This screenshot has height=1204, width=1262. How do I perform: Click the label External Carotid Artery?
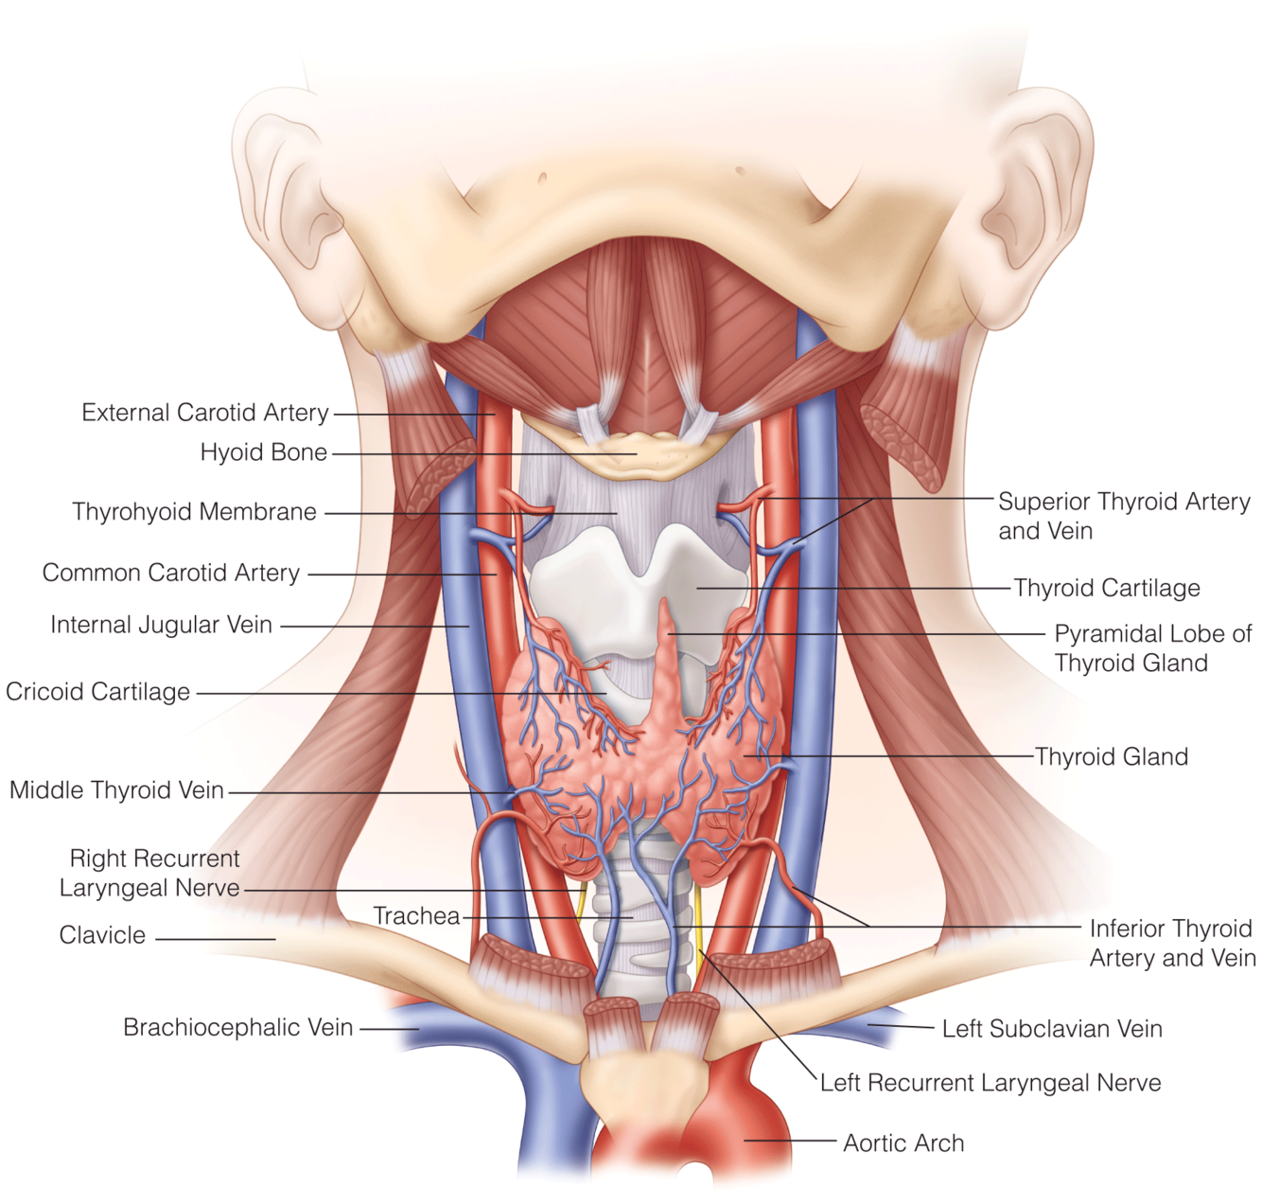[204, 413]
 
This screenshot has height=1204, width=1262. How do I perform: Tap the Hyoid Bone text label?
[263, 452]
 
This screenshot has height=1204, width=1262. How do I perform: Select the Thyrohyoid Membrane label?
[194, 512]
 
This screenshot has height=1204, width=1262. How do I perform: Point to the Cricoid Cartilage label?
[97, 692]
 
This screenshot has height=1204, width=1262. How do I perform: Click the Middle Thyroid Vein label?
[116, 790]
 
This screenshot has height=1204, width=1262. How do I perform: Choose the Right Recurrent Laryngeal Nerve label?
[151, 873]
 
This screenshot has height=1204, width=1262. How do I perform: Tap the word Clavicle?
[102, 935]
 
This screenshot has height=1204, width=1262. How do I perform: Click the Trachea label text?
[416, 916]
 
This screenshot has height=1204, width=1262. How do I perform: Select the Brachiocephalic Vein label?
[237, 1027]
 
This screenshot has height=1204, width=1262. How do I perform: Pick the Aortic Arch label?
[903, 1143]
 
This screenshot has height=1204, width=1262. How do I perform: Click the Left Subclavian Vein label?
[1052, 1029]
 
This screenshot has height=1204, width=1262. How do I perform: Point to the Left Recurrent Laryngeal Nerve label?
[990, 1083]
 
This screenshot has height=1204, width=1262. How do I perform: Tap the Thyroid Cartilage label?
[1107, 588]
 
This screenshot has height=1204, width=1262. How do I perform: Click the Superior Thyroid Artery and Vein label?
[1124, 516]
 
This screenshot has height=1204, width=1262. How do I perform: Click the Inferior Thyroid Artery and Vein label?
[1172, 943]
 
